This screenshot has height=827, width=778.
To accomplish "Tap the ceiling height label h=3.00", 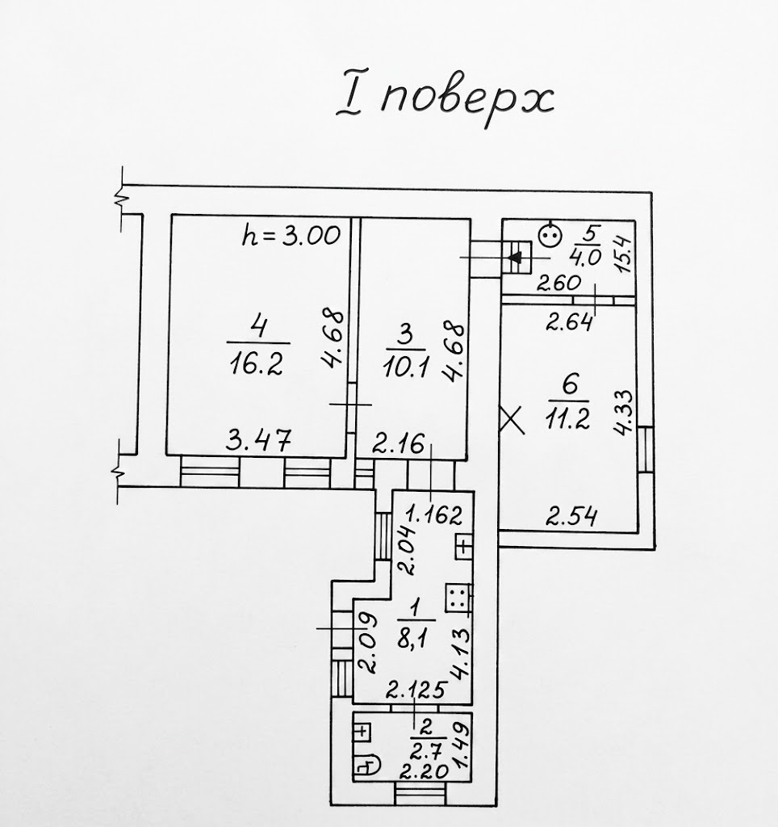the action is [x=291, y=236].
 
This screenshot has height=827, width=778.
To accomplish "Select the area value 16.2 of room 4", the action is [x=257, y=363].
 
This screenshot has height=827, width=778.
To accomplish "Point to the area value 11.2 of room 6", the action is [x=567, y=419].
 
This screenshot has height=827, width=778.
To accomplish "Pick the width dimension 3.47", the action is [x=258, y=440].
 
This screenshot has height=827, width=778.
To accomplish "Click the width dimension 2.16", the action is [x=398, y=445].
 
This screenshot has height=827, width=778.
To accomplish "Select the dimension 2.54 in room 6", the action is [x=571, y=516].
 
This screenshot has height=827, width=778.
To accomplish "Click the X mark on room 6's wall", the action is [x=512, y=419].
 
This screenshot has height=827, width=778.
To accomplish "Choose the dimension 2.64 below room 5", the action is [x=569, y=321].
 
